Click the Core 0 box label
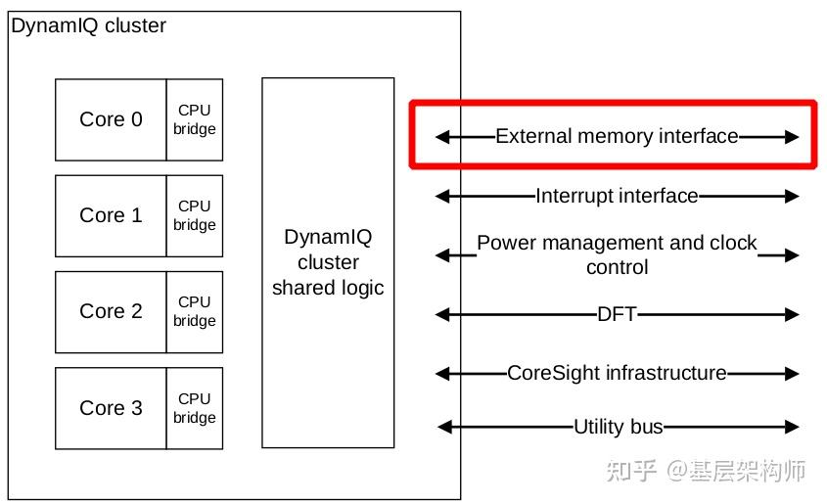click(x=111, y=119)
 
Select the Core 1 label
click(x=111, y=215)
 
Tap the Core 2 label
click(x=111, y=311)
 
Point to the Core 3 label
click(x=111, y=408)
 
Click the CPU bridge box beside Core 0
click(x=195, y=119)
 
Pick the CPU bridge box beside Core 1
click(x=195, y=215)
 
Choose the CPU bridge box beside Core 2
click(x=195, y=311)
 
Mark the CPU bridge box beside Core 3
click(x=195, y=408)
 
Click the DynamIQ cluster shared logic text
click(x=328, y=262)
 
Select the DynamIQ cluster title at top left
click(x=88, y=26)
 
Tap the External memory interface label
click(x=617, y=137)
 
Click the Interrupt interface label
click(x=617, y=196)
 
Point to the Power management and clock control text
click(x=617, y=254)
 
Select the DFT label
click(x=617, y=314)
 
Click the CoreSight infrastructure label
click(x=617, y=373)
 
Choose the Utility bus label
click(x=618, y=427)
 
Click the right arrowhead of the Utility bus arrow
click(x=793, y=427)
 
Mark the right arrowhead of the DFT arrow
click(x=793, y=314)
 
